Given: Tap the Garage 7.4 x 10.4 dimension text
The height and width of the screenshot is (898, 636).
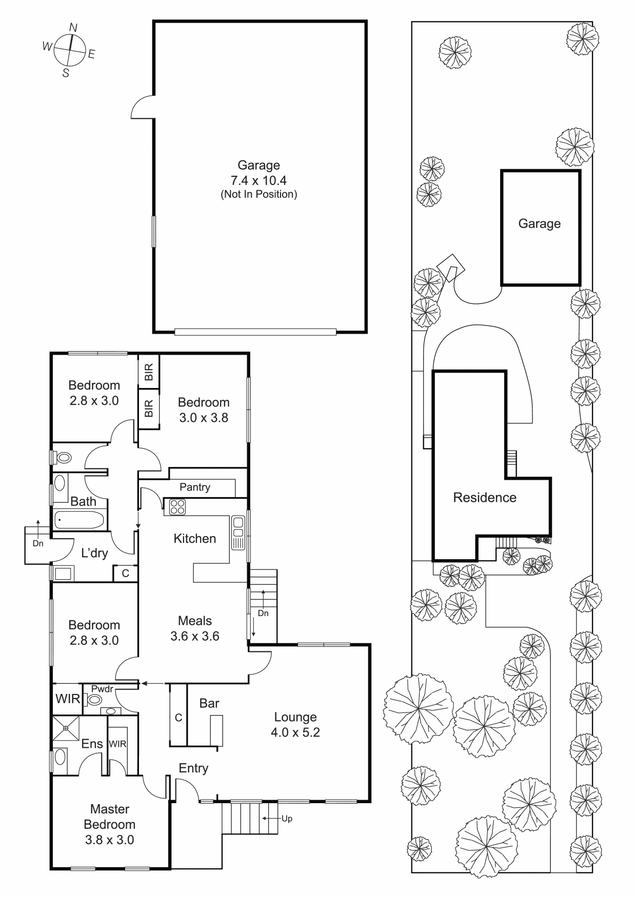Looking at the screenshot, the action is click(x=259, y=180).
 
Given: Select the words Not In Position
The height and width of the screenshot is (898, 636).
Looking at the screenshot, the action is click(x=259, y=194).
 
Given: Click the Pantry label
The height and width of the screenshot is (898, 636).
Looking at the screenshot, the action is click(x=195, y=487).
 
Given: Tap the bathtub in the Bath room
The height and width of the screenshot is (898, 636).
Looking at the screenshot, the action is click(x=79, y=520).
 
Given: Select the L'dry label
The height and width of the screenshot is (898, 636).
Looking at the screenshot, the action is click(x=95, y=553).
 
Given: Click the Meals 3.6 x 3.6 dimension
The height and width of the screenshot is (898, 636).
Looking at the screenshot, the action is click(x=195, y=636).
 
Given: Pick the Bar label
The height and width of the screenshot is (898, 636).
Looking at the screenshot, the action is click(x=209, y=703).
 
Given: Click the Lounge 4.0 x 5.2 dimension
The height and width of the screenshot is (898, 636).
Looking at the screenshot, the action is click(x=295, y=732).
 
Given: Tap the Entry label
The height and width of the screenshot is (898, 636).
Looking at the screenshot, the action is click(x=193, y=768).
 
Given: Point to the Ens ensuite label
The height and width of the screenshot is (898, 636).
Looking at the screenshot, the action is click(x=92, y=744).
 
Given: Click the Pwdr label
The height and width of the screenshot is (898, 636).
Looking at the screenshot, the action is click(x=102, y=689).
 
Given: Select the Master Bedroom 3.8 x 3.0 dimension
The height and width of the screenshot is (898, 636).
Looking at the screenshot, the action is click(x=109, y=840).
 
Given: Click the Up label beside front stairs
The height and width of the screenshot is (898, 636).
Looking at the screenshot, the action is click(x=287, y=819).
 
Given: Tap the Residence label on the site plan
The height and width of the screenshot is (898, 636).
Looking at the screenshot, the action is click(x=485, y=498).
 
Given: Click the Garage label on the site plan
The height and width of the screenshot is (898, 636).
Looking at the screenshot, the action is click(x=540, y=223).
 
